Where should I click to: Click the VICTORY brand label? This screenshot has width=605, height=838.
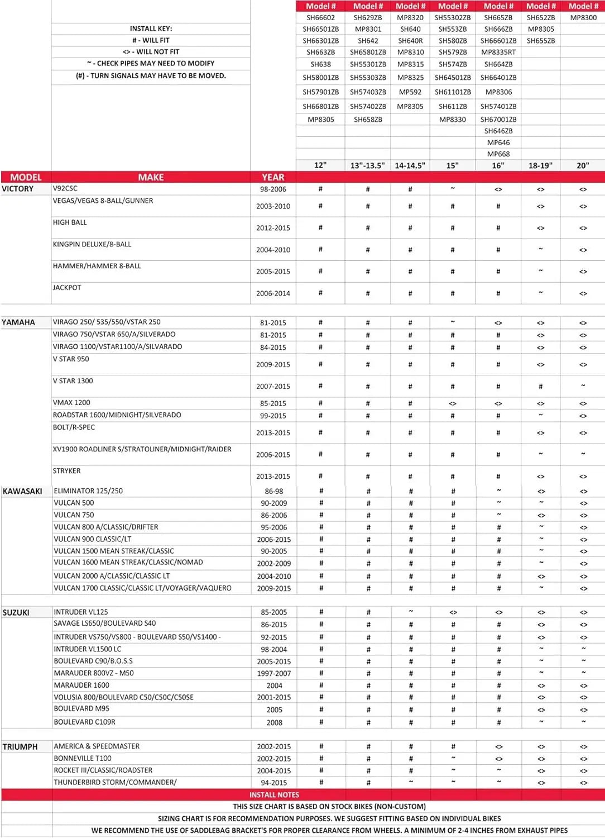tap(18, 189)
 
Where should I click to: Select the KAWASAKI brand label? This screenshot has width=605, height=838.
tap(22, 491)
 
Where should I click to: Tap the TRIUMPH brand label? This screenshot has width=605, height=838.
tap(20, 747)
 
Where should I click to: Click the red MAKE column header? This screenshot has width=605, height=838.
tap(151, 177)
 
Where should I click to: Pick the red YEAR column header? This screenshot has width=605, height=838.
tap(273, 177)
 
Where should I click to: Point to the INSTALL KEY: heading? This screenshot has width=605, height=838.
tap(151, 28)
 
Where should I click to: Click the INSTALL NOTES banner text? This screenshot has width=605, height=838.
tap(274, 794)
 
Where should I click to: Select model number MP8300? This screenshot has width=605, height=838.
tap(583, 17)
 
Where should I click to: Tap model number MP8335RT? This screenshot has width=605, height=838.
tap(498, 52)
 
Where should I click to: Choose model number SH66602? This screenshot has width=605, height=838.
tap(320, 17)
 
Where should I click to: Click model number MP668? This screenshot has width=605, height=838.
tap(498, 154)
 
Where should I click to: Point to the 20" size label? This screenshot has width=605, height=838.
tap(583, 165)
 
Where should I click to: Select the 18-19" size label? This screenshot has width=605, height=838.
tap(540, 165)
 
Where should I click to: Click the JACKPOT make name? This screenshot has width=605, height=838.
tap(67, 288)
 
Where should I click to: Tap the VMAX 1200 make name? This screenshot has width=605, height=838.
tap(71, 403)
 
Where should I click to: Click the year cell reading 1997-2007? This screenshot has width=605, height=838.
tap(273, 673)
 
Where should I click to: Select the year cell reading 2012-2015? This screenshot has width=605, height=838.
tap(273, 228)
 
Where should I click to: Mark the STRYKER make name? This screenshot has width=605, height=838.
tap(66, 471)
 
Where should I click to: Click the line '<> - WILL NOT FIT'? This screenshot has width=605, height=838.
tap(151, 51)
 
